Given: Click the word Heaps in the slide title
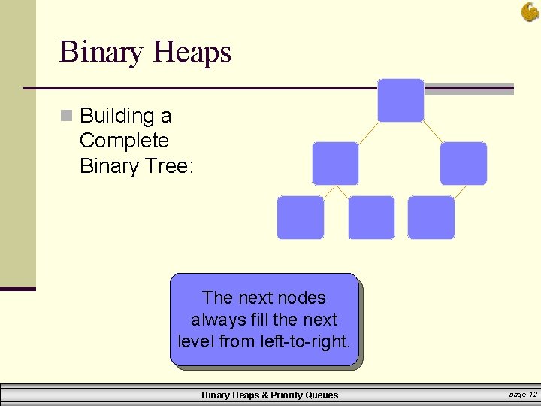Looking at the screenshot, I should coord(192,53).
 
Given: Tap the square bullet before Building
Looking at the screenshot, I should coord(68,116).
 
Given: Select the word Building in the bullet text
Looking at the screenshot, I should coord(116,116).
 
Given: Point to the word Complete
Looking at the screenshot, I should coord(124,141).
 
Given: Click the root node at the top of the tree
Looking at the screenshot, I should coord(400,100).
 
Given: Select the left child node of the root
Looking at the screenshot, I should coord(335,163).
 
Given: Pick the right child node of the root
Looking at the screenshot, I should coord(463,163).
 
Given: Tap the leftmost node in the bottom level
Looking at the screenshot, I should coord(301,217).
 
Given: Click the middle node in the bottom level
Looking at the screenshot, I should coord(371,217).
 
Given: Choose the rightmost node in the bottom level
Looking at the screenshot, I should coord(431,217).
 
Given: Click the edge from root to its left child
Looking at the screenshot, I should coord(368,132).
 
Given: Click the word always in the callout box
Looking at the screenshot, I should coord(213,320).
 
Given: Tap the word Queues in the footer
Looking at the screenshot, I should coord(321,395).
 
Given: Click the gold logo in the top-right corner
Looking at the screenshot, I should coord(530,11).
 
